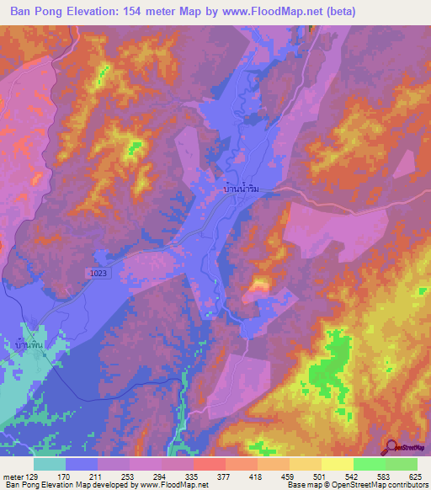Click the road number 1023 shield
click(98, 274)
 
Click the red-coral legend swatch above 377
click(210, 464)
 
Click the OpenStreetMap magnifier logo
click(391, 448)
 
